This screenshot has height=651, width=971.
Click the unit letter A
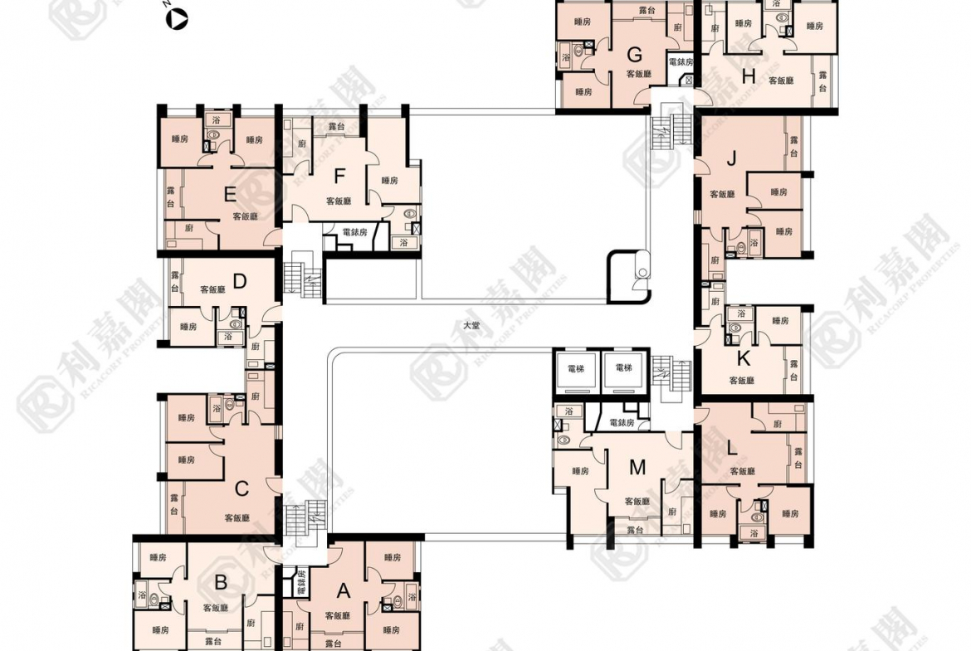click(x=343, y=591)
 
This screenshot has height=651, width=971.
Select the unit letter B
click(x=221, y=582)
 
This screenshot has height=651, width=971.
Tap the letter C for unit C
click(x=242, y=488)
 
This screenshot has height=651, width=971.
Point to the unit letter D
click(x=240, y=281)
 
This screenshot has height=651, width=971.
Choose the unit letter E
click(x=231, y=195)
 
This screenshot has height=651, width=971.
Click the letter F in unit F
click(x=339, y=176)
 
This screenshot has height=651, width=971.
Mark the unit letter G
click(x=635, y=56)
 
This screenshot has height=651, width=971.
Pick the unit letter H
click(x=749, y=78)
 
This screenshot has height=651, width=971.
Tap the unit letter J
click(x=731, y=160)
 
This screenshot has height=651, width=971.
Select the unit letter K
click(x=744, y=358)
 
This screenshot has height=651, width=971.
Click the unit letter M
click(x=637, y=468)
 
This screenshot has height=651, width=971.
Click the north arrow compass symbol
click(x=177, y=20)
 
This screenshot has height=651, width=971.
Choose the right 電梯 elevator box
click(x=622, y=370)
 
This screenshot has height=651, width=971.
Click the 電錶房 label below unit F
click(x=354, y=232)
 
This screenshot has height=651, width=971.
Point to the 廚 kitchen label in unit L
click(x=777, y=424)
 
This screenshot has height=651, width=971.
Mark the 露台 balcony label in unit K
click(x=794, y=371)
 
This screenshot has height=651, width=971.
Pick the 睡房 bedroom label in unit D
click(x=188, y=327)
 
